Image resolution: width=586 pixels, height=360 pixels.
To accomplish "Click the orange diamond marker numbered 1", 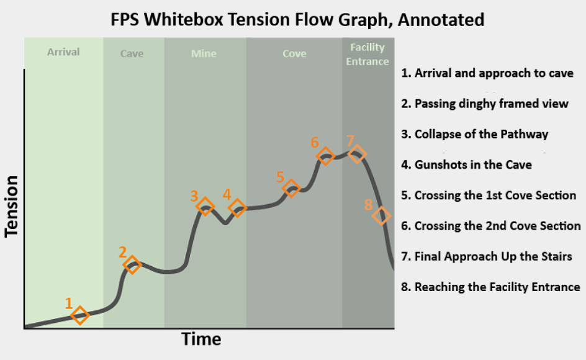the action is point(79,315).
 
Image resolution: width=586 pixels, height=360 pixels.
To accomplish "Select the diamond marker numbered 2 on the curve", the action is point(132,265).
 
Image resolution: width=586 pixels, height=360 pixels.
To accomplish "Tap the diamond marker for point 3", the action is point(205,206).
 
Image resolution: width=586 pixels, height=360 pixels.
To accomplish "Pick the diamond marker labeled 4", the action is point(237,208).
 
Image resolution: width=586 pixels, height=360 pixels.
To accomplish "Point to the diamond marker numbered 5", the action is point(291,188).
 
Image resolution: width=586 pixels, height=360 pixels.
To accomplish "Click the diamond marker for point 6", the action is point(325,156).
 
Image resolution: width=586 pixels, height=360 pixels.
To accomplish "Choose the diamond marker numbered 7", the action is point(357,154).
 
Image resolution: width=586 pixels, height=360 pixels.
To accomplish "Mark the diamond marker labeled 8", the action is point(381,216).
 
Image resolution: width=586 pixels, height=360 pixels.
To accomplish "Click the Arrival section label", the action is point(63,52).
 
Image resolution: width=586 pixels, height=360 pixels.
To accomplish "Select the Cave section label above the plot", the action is point(132,53).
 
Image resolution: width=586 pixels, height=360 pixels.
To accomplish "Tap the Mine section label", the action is point(204,53).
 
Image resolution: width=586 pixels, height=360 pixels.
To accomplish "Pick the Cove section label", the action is point(294,53).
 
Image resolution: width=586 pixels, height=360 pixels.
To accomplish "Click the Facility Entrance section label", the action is point(367,54).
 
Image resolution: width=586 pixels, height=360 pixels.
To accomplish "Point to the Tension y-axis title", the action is point(11,206).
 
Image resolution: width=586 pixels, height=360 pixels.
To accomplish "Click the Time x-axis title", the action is point(201,339).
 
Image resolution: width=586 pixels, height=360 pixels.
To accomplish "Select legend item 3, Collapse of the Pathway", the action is point(475,134).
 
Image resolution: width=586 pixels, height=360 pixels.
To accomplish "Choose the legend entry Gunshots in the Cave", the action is point(466,165).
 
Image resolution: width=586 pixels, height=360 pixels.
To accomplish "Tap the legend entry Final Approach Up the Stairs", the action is point(487,256).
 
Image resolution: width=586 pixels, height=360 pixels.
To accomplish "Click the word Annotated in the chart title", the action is point(441,19).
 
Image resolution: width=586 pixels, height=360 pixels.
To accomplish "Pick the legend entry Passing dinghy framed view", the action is point(485,104).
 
